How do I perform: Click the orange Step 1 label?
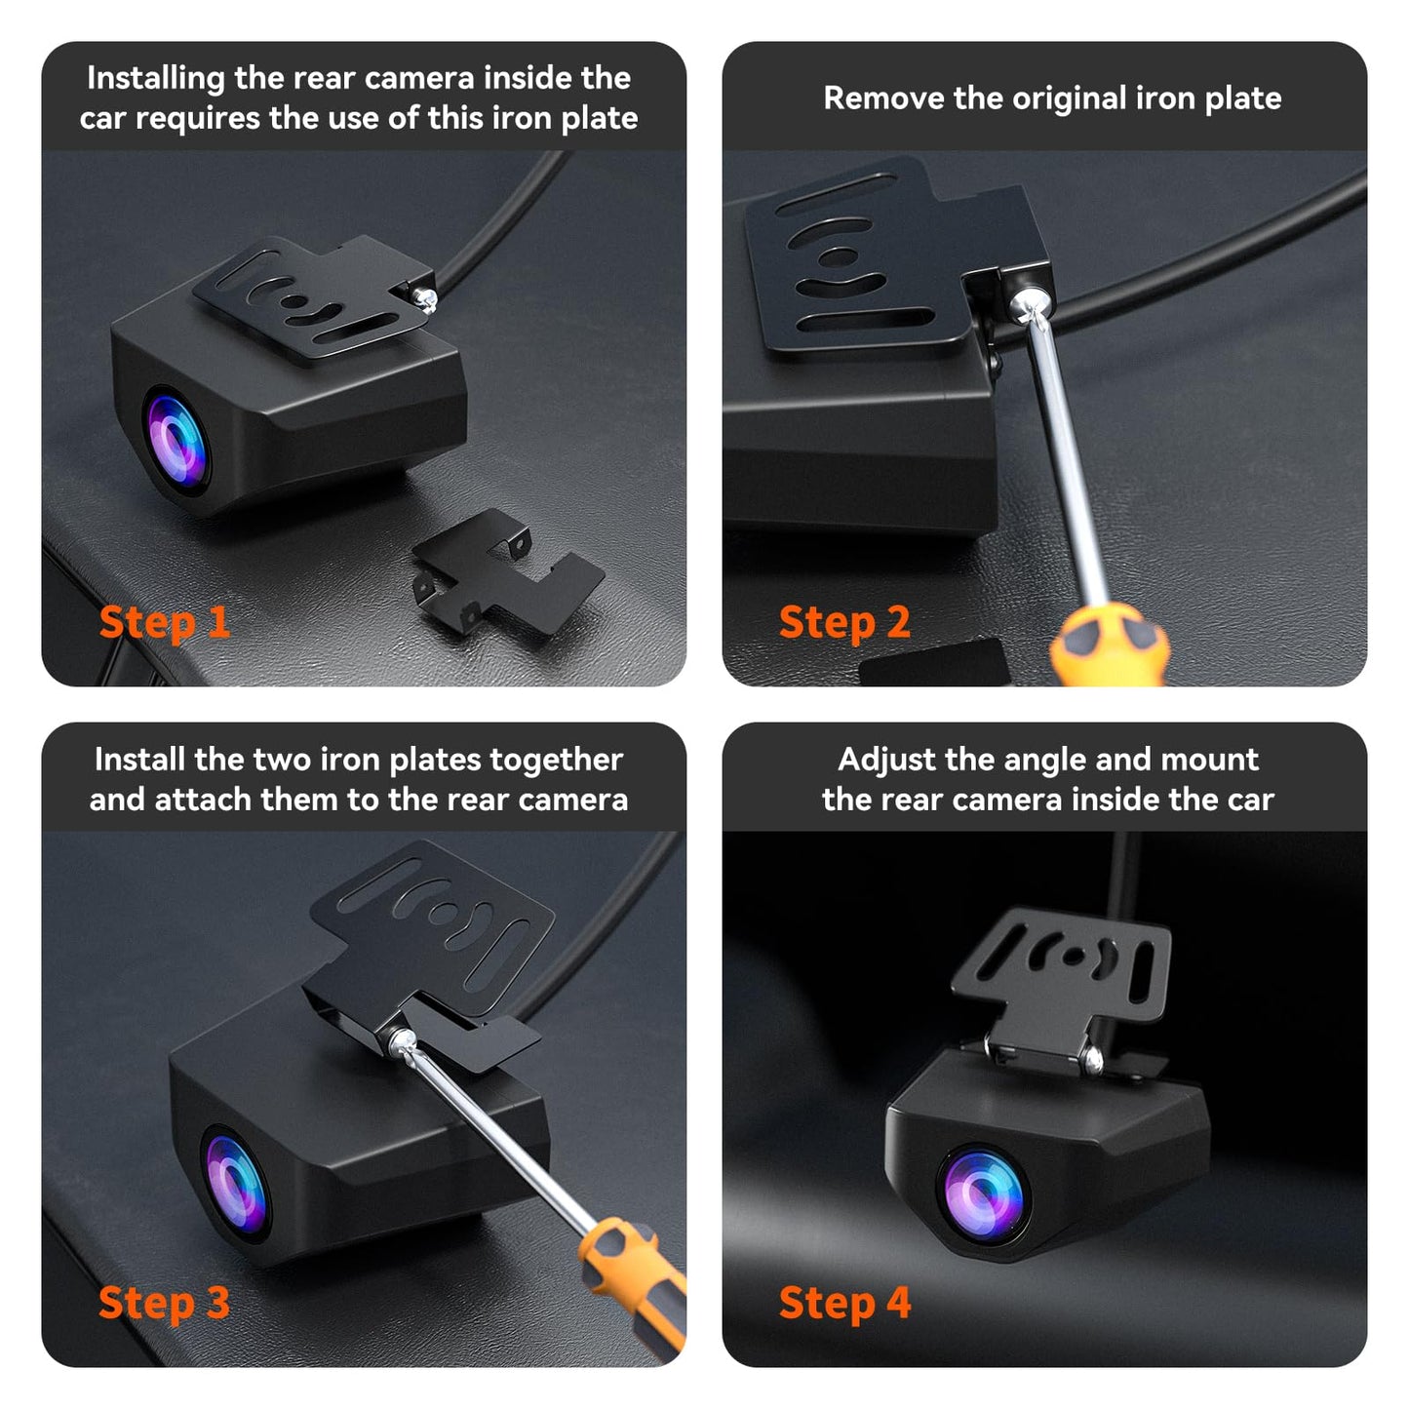tap(165, 623)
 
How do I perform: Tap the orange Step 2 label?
tap(844, 623)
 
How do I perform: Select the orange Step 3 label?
tap(165, 1304)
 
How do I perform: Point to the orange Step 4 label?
tap(845, 1304)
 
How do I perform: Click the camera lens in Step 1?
tap(176, 441)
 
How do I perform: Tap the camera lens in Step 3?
tap(235, 1184)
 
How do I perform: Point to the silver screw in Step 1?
tap(424, 298)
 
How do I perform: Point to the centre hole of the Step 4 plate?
tap(1073, 956)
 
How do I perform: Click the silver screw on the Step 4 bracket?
tap(1092, 1058)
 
